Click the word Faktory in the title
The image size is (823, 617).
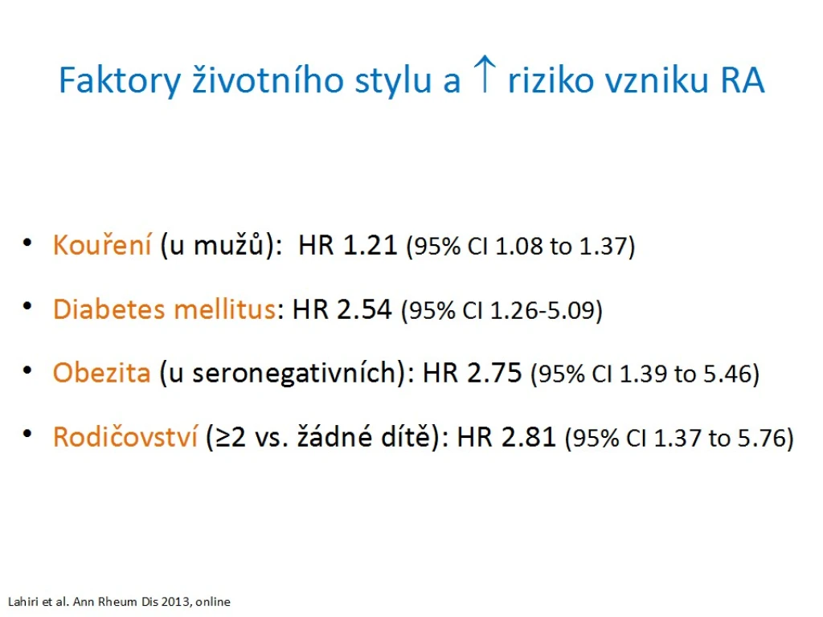120,81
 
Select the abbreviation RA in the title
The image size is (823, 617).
742,80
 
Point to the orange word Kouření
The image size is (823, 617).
102,244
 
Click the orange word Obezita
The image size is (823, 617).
102,373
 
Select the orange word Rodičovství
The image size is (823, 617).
125,436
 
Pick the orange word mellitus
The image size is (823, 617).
225,308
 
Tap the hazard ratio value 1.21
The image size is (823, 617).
370,245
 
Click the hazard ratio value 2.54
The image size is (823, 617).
364,309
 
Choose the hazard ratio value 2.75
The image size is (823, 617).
494,373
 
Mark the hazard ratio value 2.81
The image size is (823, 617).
529,437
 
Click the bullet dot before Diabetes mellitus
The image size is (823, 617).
28,306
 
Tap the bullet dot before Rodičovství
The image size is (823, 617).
28,434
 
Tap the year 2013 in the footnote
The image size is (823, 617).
176,601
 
